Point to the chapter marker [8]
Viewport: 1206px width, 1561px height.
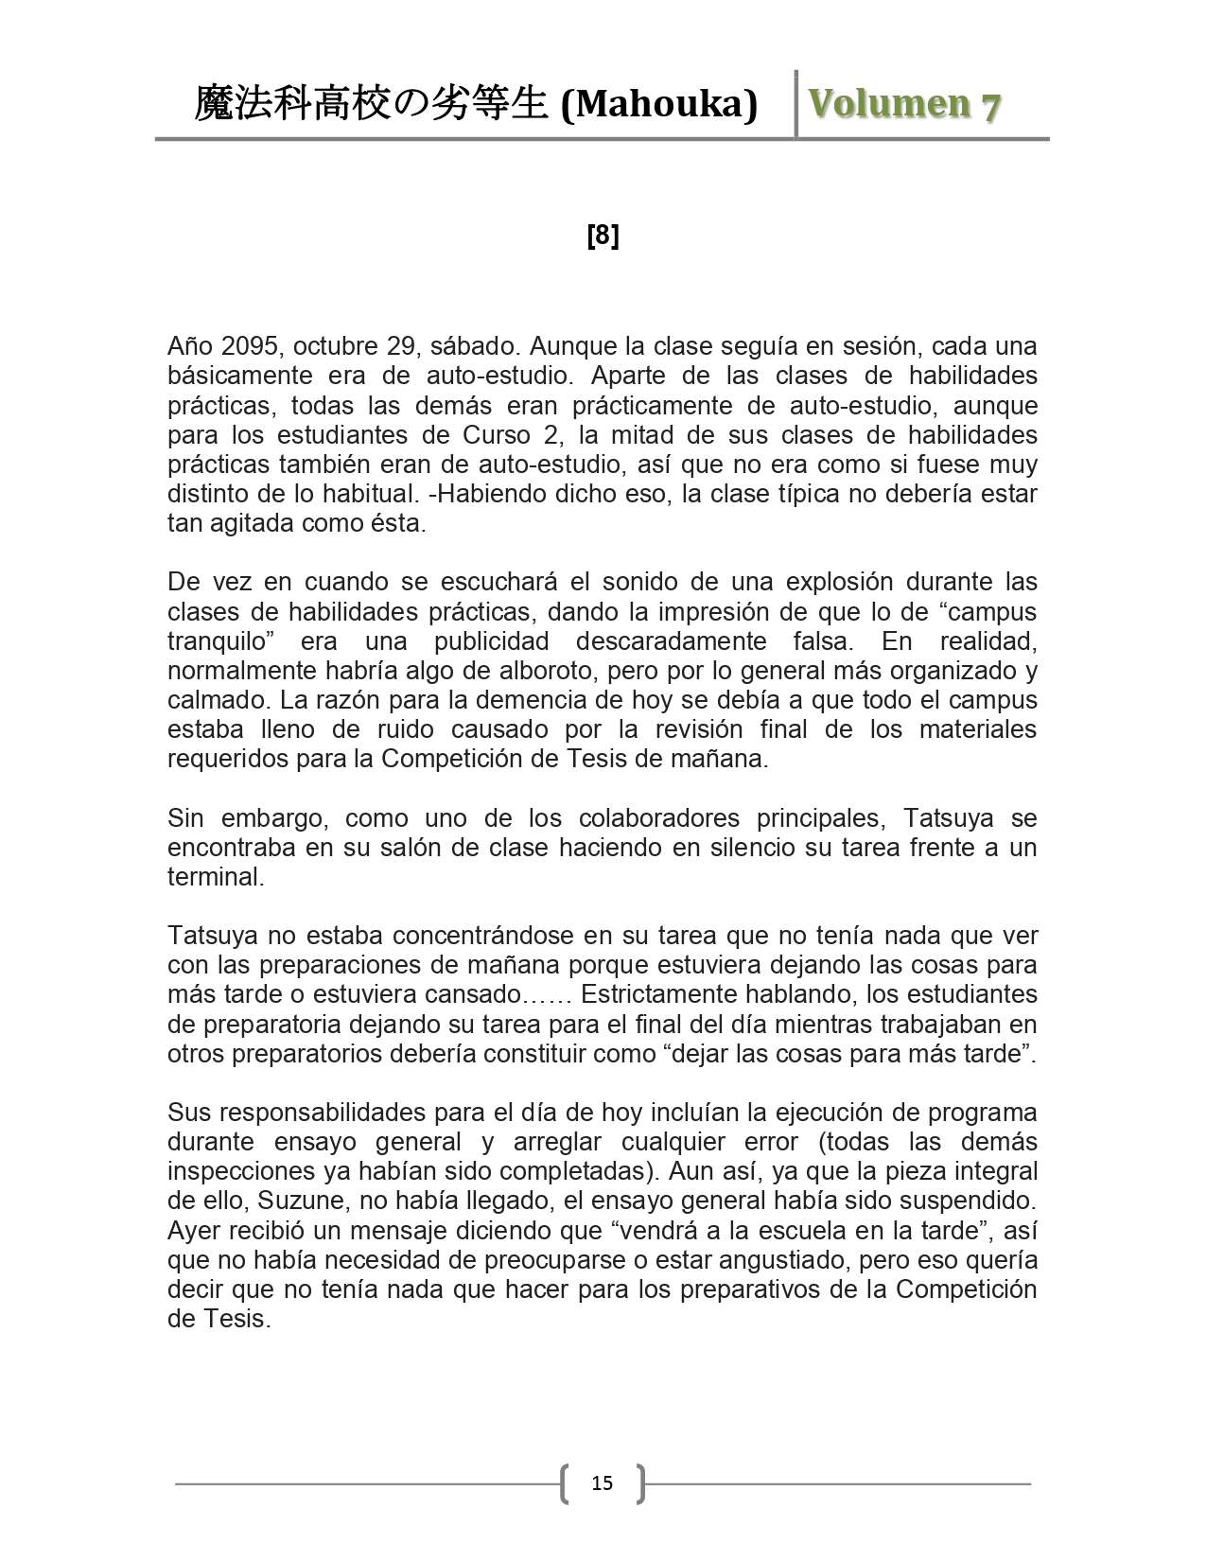coord(603,236)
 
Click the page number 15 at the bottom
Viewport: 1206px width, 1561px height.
coord(602,1482)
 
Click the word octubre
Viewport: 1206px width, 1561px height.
coord(336,345)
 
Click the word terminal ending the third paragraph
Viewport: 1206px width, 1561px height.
coord(214,877)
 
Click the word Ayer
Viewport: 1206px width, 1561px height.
coord(197,1231)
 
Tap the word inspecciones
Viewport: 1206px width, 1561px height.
coord(240,1172)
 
